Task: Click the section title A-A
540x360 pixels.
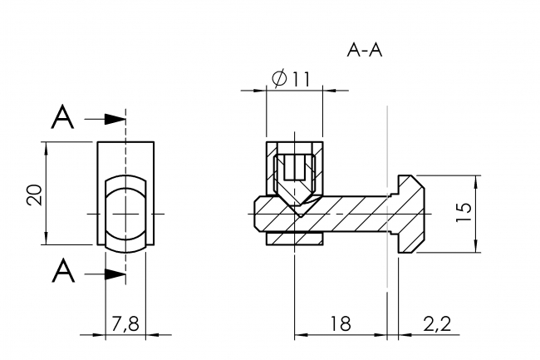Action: point(364,50)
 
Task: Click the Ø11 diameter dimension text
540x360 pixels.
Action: point(290,79)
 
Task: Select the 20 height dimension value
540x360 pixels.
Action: point(34,195)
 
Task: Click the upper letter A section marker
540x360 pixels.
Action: point(62,119)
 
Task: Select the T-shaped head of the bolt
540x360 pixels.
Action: point(410,214)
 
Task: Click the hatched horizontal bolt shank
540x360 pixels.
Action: point(349,215)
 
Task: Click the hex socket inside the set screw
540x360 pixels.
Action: point(293,170)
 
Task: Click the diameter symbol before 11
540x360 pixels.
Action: point(279,79)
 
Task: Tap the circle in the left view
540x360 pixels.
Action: point(125,214)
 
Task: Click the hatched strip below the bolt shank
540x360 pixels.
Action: point(293,239)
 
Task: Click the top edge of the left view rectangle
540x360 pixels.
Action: point(125,142)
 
